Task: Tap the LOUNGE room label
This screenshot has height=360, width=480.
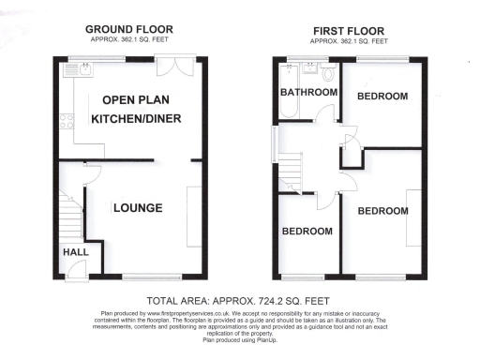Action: click(138, 208)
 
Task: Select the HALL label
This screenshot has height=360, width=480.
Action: click(74, 252)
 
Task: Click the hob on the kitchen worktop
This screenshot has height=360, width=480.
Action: click(67, 120)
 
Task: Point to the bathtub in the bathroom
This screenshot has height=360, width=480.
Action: click(287, 112)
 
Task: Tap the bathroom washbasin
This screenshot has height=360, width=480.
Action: click(305, 68)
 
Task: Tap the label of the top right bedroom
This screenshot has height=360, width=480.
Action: click(383, 97)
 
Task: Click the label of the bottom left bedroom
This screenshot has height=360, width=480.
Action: click(307, 232)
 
